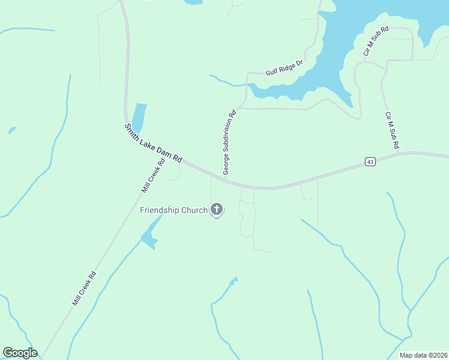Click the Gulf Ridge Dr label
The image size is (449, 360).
284,67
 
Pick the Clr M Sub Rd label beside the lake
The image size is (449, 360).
376,41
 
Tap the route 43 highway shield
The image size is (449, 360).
370,162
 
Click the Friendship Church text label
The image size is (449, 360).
173,210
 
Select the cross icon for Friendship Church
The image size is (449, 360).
216,210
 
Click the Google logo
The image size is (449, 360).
20,353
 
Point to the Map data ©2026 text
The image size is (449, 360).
424,355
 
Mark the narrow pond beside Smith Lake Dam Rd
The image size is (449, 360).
139,117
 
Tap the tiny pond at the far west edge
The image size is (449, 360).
12,130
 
